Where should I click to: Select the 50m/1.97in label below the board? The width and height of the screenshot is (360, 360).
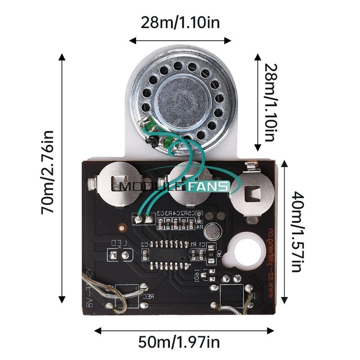(179, 342)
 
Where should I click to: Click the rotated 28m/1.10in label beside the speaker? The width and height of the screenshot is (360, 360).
(271, 102)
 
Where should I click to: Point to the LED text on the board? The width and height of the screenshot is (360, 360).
(121, 244)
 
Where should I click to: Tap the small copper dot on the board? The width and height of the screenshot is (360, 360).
(121, 227)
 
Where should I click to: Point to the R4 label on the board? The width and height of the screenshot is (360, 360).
(200, 227)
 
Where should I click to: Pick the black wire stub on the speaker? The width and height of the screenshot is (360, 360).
(152, 141)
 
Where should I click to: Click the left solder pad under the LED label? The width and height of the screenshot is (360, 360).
(114, 255)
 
